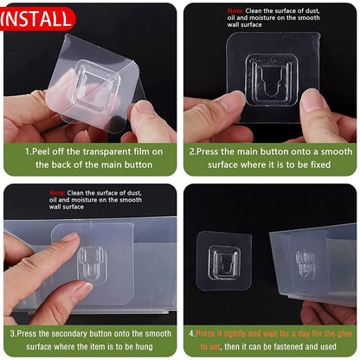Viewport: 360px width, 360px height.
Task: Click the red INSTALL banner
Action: coord(36,19)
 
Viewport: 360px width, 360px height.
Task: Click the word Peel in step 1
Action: coord(41,151)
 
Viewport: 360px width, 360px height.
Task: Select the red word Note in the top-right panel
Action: coord(235,11)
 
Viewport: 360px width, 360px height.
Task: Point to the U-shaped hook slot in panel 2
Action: coord(271,81)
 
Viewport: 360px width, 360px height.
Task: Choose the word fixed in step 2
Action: coord(320,164)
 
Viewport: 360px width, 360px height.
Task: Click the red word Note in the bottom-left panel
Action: coord(57,193)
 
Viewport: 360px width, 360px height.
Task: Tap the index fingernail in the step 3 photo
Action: coord(69,237)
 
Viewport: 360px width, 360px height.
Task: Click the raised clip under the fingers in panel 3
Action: coord(92,265)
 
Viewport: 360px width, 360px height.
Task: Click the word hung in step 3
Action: coord(145,347)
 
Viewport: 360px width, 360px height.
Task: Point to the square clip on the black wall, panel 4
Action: coord(224,262)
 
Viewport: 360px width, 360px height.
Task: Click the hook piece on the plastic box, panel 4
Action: coord(305,264)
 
